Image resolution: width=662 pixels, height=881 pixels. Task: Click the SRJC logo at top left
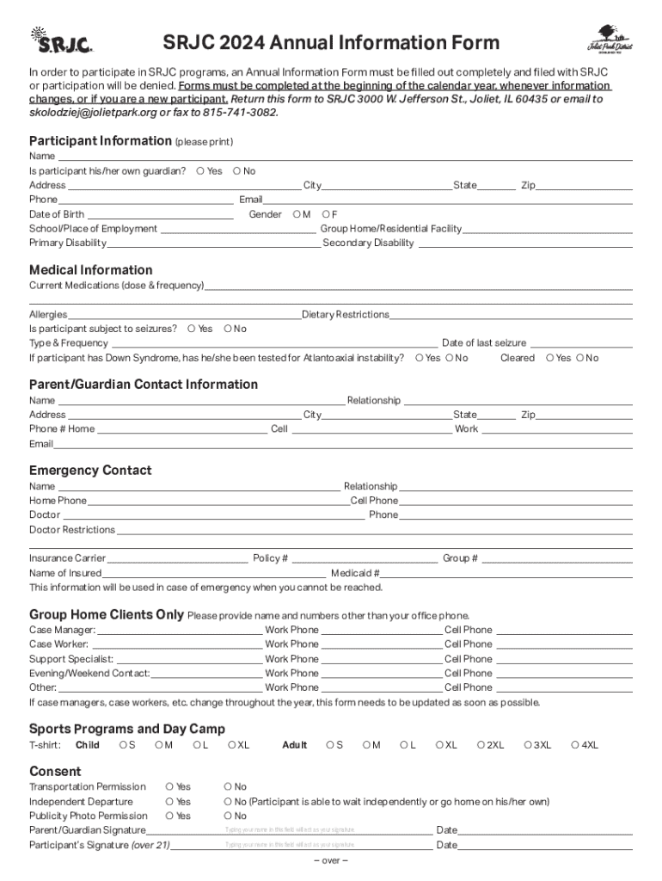point(61,40)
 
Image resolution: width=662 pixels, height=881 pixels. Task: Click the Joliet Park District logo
point(609,40)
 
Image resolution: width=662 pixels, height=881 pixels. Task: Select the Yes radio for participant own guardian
point(200,171)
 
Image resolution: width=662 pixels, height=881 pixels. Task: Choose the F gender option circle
point(326,214)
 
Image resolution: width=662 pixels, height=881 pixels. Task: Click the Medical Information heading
point(90,269)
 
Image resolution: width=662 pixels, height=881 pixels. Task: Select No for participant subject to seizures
point(228,329)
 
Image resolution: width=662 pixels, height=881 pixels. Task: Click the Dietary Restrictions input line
point(511,315)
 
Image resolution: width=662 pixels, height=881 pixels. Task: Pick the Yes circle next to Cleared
point(550,358)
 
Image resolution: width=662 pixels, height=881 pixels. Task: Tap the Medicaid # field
point(506,573)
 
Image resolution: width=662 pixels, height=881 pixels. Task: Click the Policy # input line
point(364,558)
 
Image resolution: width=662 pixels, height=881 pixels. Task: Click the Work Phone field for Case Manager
point(381,630)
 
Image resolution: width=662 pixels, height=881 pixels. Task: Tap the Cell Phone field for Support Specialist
point(564,659)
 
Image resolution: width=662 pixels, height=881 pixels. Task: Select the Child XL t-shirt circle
point(232,745)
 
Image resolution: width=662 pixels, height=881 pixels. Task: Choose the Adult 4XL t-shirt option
point(575,745)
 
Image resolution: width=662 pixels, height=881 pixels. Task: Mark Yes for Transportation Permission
point(169,786)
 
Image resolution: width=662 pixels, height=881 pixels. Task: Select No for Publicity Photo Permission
point(228,816)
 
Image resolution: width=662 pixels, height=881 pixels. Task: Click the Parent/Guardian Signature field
point(289,830)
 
